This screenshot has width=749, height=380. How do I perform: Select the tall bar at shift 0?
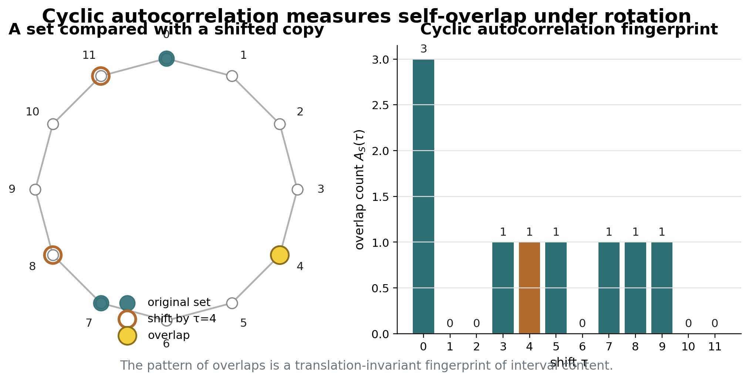coord(424,196)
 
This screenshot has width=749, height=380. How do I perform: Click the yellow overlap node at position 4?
coord(280,255)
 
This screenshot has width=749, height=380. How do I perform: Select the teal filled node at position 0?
coord(166,58)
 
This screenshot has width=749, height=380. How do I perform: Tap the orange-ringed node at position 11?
coord(101,76)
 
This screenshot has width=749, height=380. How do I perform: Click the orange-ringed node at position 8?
coord(53,255)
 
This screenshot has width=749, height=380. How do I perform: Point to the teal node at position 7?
coord(101,303)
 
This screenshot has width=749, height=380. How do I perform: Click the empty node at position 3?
coord(297,189)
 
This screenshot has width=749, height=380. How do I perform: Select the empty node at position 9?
coord(35,189)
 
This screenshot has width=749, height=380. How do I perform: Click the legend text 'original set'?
coord(179,302)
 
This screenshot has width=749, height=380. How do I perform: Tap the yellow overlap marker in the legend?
coord(127,336)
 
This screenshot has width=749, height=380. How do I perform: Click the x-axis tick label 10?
coord(688,347)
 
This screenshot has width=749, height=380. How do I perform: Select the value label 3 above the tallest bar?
coord(424,49)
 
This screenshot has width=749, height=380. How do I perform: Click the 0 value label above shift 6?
coord(582,324)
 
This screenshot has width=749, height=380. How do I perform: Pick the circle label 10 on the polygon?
coord(33,112)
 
